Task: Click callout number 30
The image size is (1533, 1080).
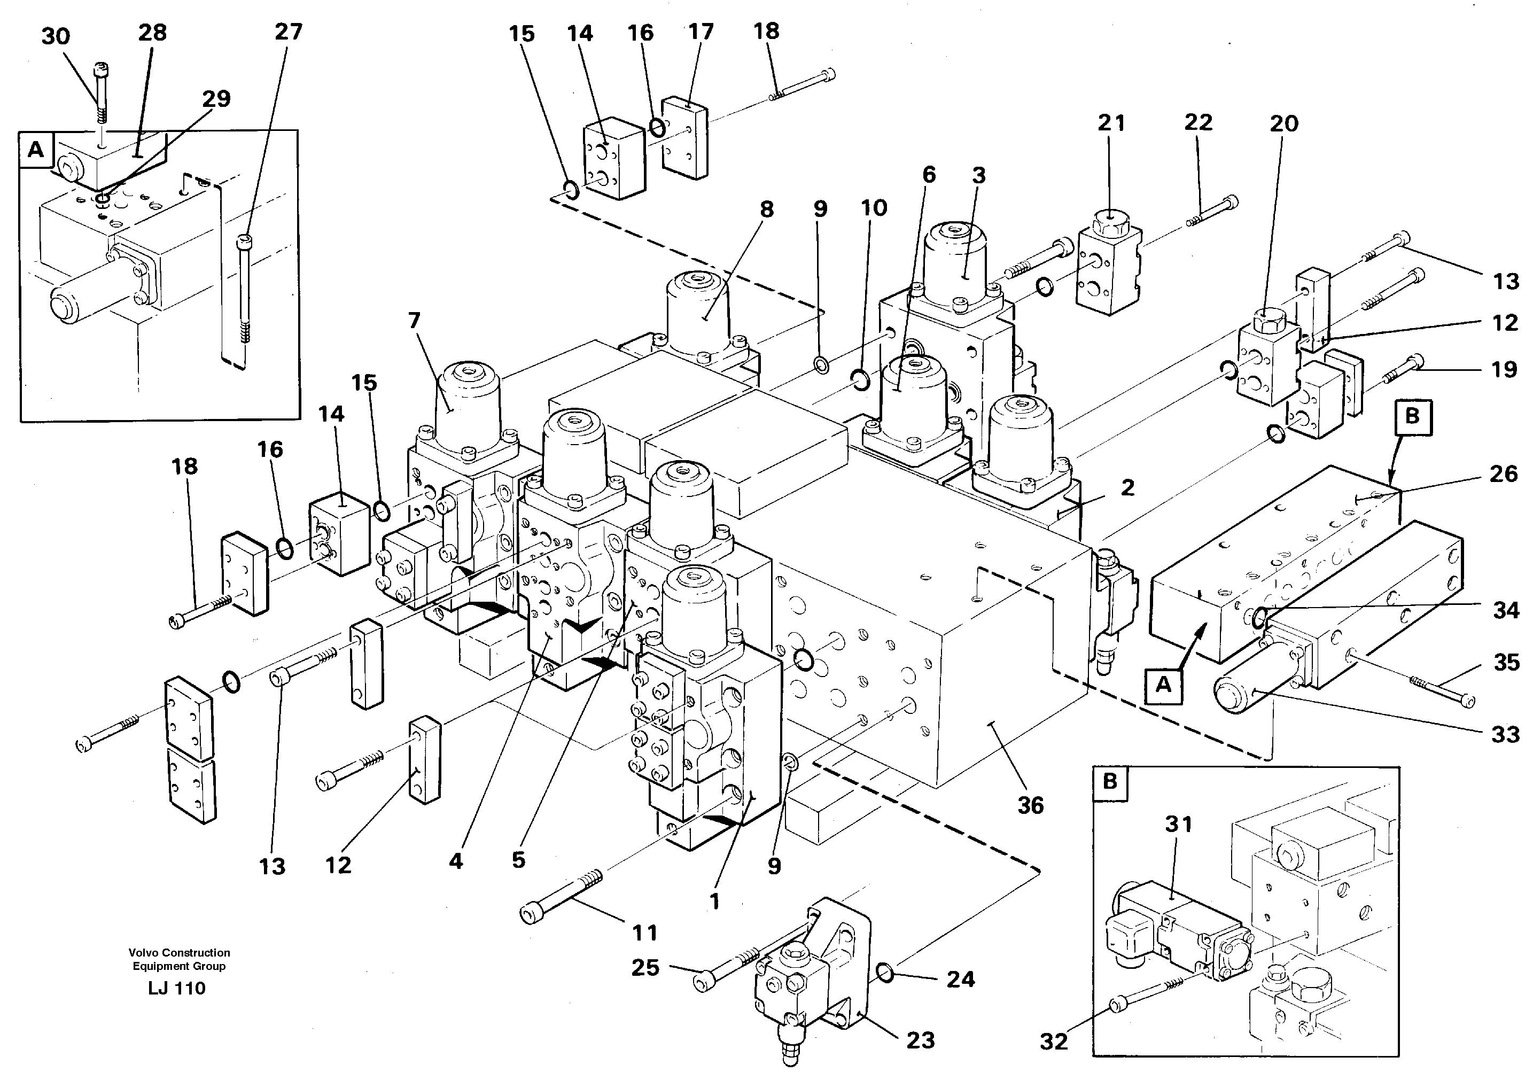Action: tap(56, 36)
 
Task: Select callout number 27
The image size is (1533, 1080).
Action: tap(289, 32)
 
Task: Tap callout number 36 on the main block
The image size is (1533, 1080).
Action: tap(1030, 805)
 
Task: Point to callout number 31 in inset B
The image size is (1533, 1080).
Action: tap(1178, 825)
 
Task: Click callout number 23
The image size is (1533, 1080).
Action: tap(920, 1040)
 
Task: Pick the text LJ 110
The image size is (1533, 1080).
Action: tap(177, 989)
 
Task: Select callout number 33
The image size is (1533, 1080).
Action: tap(1506, 735)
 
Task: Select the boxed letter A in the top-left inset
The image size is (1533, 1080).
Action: tap(35, 149)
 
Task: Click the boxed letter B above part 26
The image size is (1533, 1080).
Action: tap(1412, 417)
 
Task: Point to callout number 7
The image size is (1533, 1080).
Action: tap(414, 321)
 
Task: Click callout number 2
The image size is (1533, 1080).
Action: tap(1128, 487)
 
